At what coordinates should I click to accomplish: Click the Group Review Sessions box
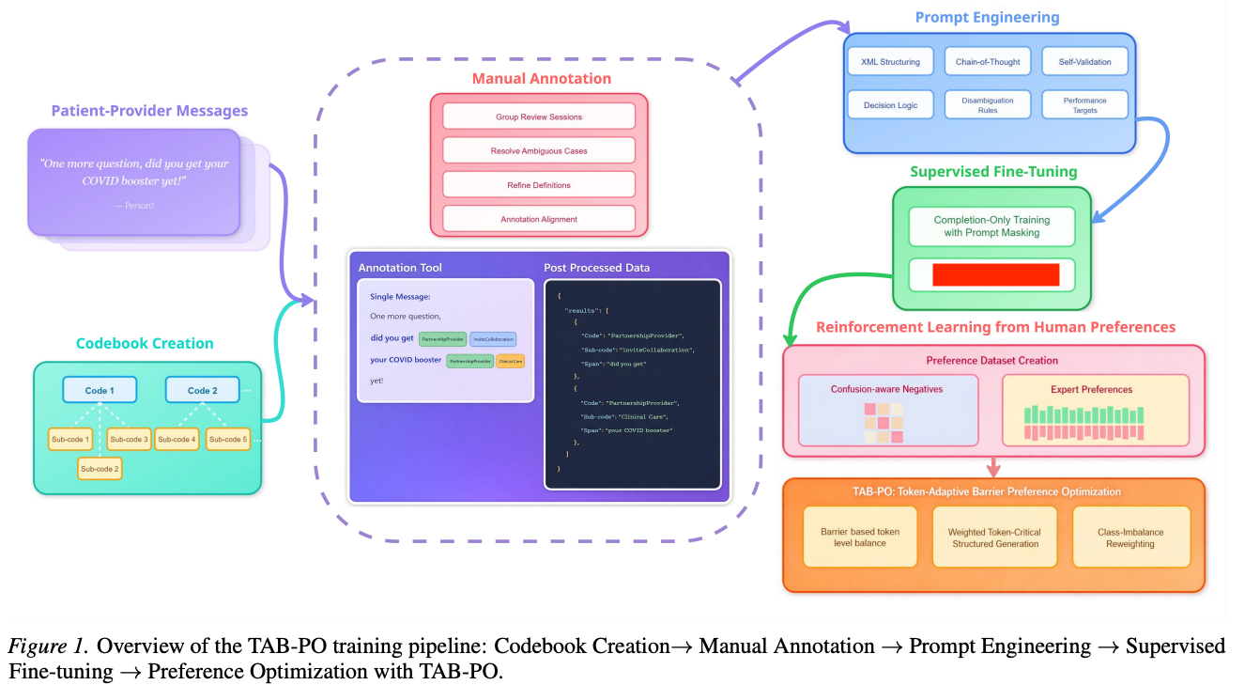click(539, 117)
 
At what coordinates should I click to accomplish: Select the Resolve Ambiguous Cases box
click(539, 150)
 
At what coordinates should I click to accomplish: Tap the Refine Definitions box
click(539, 185)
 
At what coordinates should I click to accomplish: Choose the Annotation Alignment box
click(539, 219)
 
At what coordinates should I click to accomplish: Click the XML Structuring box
click(890, 62)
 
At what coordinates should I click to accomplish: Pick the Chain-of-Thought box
click(987, 62)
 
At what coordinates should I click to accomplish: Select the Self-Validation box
click(1084, 62)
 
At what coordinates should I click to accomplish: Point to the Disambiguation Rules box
click(987, 105)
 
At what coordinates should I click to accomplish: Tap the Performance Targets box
click(1084, 105)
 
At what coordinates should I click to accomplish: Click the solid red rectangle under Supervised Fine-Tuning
click(995, 274)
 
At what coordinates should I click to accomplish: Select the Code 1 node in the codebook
click(100, 390)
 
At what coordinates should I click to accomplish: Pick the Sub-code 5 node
click(228, 439)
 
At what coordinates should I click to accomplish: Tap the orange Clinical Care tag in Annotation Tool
click(510, 361)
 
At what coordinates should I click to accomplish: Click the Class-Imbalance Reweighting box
click(1130, 537)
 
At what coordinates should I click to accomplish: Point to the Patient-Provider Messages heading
click(149, 111)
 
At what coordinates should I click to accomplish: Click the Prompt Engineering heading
click(987, 17)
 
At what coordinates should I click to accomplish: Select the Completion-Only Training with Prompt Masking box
click(991, 226)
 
